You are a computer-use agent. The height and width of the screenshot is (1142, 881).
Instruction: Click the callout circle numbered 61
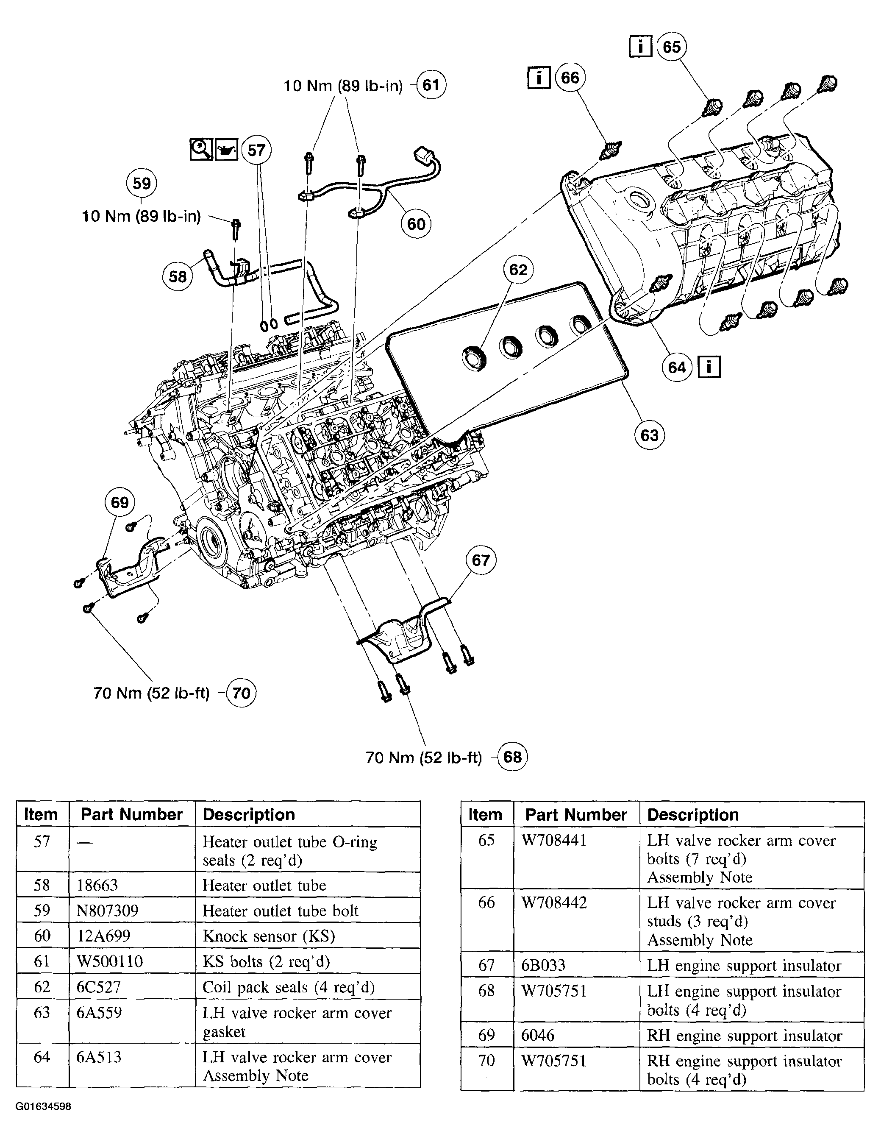click(431, 85)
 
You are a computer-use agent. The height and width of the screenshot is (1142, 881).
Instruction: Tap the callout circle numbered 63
click(649, 435)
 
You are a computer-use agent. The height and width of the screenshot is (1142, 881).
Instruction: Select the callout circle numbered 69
click(120, 502)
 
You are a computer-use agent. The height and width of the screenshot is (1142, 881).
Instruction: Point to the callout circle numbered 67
click(481, 560)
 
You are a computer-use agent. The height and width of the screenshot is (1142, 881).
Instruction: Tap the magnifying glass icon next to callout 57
click(201, 150)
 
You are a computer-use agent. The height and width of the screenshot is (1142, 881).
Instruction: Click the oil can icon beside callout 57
click(226, 150)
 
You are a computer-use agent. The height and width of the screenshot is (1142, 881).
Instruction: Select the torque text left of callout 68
click(423, 758)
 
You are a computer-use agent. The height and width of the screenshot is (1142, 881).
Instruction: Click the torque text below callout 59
click(141, 217)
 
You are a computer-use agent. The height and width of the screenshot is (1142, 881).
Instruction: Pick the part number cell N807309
click(108, 911)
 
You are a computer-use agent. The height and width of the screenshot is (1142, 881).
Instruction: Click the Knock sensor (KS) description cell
click(269, 936)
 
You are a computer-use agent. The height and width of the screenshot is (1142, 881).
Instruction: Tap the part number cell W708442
click(554, 902)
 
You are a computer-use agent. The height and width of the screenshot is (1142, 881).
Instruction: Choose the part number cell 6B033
click(543, 965)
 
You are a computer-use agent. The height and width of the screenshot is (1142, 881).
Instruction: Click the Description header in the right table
click(693, 815)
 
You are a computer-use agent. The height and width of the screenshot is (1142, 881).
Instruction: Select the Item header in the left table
click(41, 815)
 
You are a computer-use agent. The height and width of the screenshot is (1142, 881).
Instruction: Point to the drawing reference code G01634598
click(43, 1106)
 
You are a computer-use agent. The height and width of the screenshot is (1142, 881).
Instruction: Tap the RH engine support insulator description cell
click(744, 1035)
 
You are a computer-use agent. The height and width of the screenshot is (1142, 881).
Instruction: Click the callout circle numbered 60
click(416, 224)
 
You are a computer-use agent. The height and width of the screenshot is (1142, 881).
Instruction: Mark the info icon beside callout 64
click(709, 367)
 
